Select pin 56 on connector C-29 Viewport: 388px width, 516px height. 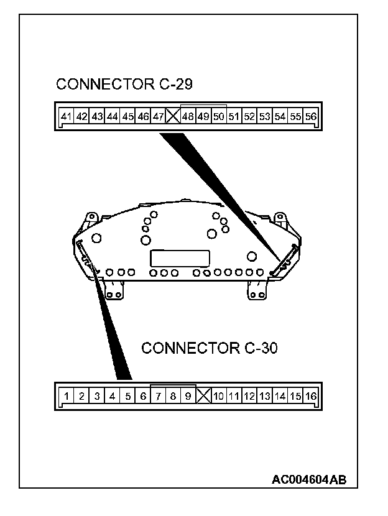[x=311, y=116]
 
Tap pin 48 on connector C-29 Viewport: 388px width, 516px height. [x=188, y=116]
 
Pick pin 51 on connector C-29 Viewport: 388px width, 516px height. [x=234, y=116]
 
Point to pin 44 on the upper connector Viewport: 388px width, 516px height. [x=113, y=116]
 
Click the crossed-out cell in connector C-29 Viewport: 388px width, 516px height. [x=173, y=116]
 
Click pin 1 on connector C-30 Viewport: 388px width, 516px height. [x=67, y=395]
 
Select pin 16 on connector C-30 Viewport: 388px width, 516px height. [x=311, y=395]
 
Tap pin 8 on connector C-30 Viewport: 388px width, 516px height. [x=173, y=395]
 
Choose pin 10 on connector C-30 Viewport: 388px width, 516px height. [x=218, y=395]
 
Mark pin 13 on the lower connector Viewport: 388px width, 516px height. [x=265, y=395]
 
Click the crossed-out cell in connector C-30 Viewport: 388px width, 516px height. [x=203, y=395]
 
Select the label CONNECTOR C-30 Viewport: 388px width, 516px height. [x=210, y=348]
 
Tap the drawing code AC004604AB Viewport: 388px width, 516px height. [x=309, y=479]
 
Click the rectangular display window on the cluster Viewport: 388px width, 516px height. [x=178, y=257]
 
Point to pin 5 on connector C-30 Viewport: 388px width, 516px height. [x=127, y=395]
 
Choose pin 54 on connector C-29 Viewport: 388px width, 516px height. [x=280, y=116]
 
